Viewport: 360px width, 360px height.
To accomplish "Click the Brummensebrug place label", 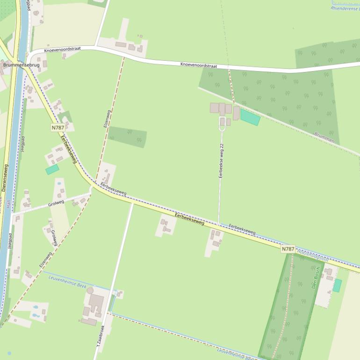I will (x=21, y=65).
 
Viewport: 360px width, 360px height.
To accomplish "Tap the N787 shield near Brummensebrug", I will (x=58, y=127).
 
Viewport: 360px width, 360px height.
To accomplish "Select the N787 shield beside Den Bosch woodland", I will (x=288, y=249).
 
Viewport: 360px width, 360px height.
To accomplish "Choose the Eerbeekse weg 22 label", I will (x=221, y=161).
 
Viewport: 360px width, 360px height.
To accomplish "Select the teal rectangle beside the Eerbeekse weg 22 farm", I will (x=250, y=117).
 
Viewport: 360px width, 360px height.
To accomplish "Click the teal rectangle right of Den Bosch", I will (x=337, y=285).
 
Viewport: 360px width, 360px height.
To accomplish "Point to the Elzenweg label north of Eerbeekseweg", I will (x=107, y=119).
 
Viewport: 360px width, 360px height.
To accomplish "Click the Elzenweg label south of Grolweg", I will (x=46, y=259).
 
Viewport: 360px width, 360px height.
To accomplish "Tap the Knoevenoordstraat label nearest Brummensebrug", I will (x=62, y=50).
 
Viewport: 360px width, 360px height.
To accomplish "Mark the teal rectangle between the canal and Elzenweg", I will (x=52, y=169).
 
